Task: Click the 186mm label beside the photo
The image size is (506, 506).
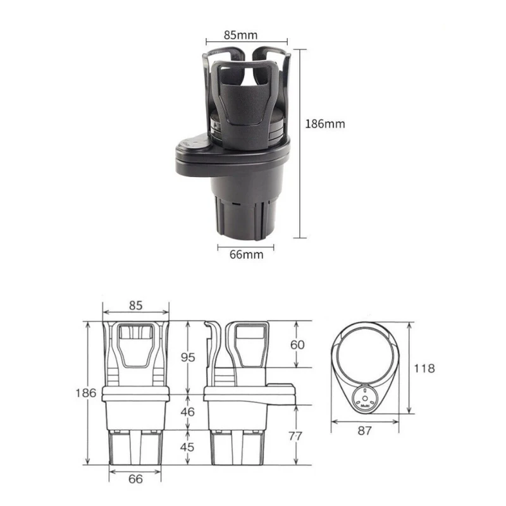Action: coord(326,124)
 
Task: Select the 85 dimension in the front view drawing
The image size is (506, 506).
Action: coord(136,305)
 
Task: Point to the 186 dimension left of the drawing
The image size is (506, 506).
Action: coord(88,393)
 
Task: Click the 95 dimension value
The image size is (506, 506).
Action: coord(188,357)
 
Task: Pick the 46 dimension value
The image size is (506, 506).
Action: coord(188,412)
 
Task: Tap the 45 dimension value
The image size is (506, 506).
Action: coord(188,447)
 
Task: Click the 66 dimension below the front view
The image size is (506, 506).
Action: coord(136,479)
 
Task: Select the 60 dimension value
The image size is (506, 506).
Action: coord(298,345)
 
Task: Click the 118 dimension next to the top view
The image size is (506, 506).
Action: coord(424,368)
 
